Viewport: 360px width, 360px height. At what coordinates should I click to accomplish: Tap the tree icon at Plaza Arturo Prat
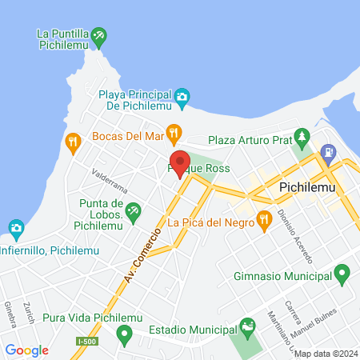pyautogui.click(x=302, y=135)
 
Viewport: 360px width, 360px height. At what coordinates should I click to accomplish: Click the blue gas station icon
pyautogui.click(x=327, y=151)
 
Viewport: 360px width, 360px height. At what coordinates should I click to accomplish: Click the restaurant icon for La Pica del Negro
pyautogui.click(x=265, y=218)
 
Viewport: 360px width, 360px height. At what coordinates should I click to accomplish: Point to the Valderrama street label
pyautogui.click(x=110, y=180)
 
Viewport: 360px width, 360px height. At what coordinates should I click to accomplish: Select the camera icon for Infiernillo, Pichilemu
pyautogui.click(x=16, y=229)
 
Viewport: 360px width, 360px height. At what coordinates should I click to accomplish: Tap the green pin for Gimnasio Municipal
pyautogui.click(x=342, y=275)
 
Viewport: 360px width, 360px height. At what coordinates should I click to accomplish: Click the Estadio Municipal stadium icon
pyautogui.click(x=248, y=326)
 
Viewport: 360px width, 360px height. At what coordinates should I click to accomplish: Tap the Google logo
pyautogui.click(x=27, y=350)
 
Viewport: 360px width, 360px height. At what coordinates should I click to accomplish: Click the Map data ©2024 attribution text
pyautogui.click(x=325, y=354)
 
